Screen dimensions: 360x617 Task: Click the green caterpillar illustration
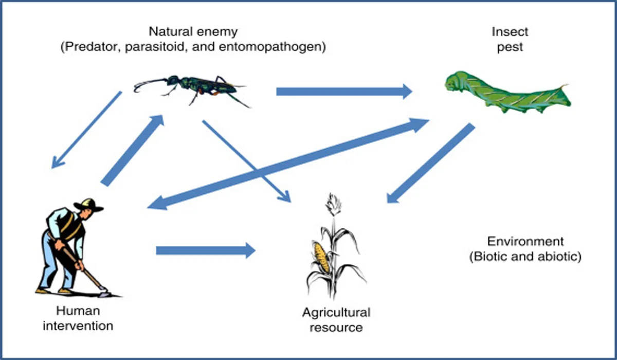point(506,93)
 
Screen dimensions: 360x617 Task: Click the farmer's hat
point(88,205)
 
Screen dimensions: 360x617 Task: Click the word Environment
point(525,241)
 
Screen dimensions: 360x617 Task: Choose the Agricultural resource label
point(336,319)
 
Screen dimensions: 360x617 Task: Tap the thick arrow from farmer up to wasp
point(133,150)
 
